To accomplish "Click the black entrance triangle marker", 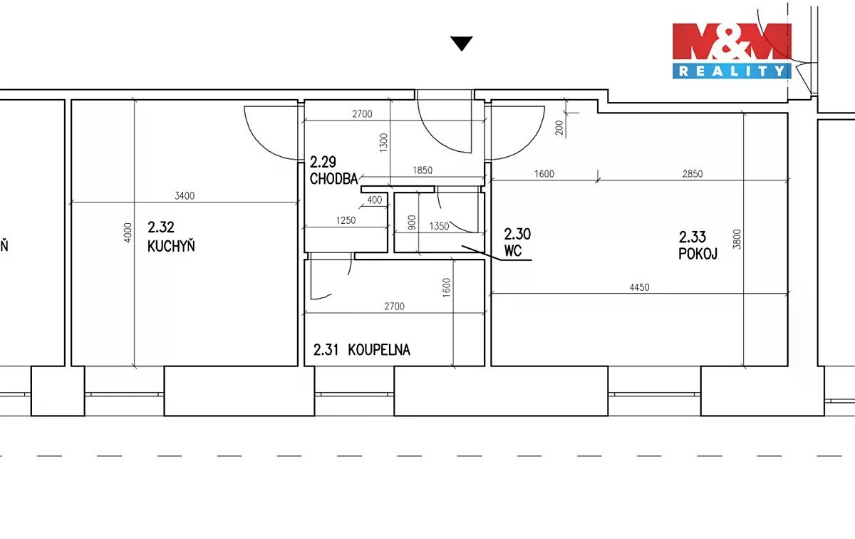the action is pyautogui.click(x=462, y=43).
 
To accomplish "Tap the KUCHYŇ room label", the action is pyautogui.click(x=171, y=246).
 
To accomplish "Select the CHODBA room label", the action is pyautogui.click(x=333, y=179).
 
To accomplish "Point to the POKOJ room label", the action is pyautogui.click(x=698, y=254).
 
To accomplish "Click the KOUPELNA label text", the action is pyautogui.click(x=379, y=350).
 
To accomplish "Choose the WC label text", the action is pyautogui.click(x=513, y=251).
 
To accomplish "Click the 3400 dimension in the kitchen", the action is pyautogui.click(x=185, y=196).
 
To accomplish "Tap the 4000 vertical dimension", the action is pyautogui.click(x=128, y=232).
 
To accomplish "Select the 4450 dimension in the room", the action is pyautogui.click(x=639, y=287).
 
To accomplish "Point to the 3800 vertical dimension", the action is pyautogui.click(x=737, y=239).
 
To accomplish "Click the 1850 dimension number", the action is pyautogui.click(x=423, y=170).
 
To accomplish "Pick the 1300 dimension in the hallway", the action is pyautogui.click(x=383, y=143).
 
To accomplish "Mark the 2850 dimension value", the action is pyautogui.click(x=693, y=174).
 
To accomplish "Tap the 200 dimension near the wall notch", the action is pyautogui.click(x=559, y=128).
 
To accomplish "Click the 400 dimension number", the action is pyautogui.click(x=375, y=200).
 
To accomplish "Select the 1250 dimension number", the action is pyautogui.click(x=346, y=220).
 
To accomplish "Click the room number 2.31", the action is pyautogui.click(x=326, y=350).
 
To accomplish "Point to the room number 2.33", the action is pyautogui.click(x=692, y=237).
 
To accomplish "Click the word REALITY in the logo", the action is pyautogui.click(x=732, y=71).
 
